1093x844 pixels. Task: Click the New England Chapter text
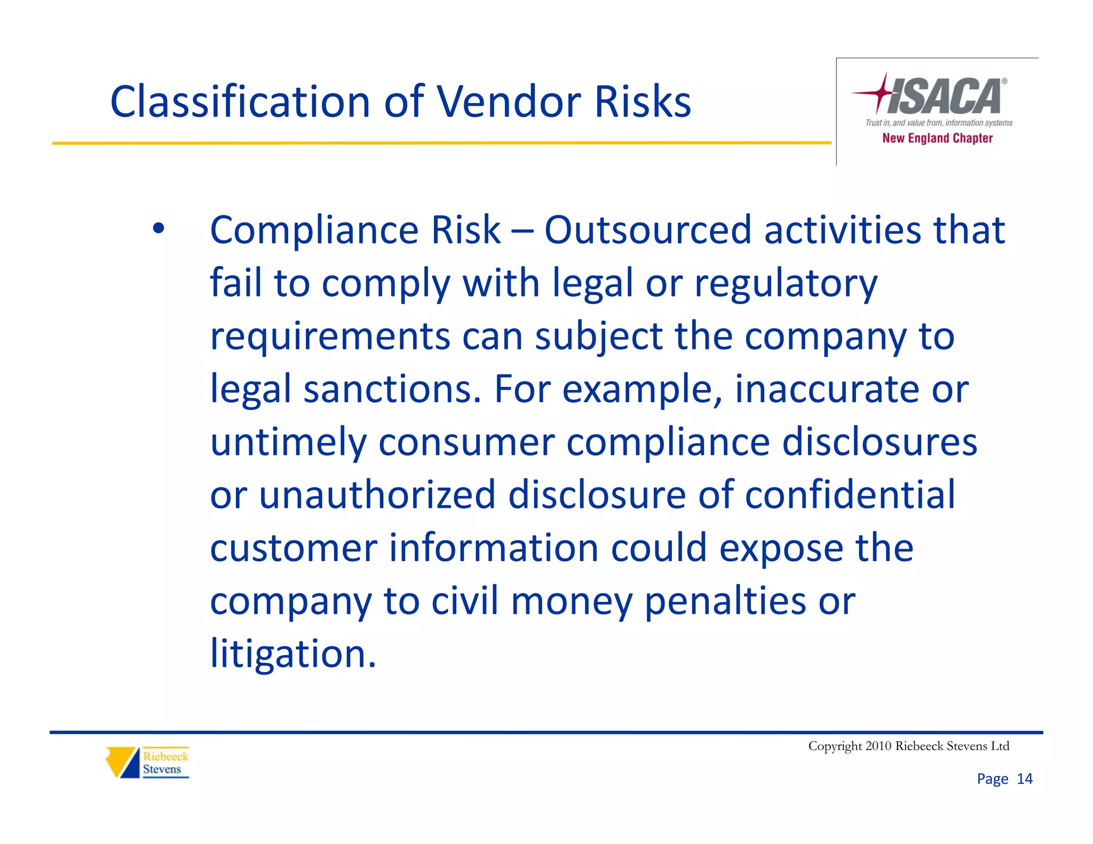(x=937, y=138)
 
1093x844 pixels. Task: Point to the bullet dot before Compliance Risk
(x=158, y=228)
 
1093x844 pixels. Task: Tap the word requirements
(x=330, y=337)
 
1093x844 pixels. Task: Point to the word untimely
(x=288, y=442)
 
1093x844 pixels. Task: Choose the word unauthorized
(x=377, y=495)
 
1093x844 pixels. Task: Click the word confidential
(x=850, y=495)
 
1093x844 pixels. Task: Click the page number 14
(x=1025, y=779)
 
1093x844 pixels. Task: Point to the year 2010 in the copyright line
(x=878, y=746)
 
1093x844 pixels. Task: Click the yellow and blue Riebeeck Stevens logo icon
(x=122, y=762)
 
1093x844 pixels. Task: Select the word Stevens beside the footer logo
(x=162, y=769)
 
